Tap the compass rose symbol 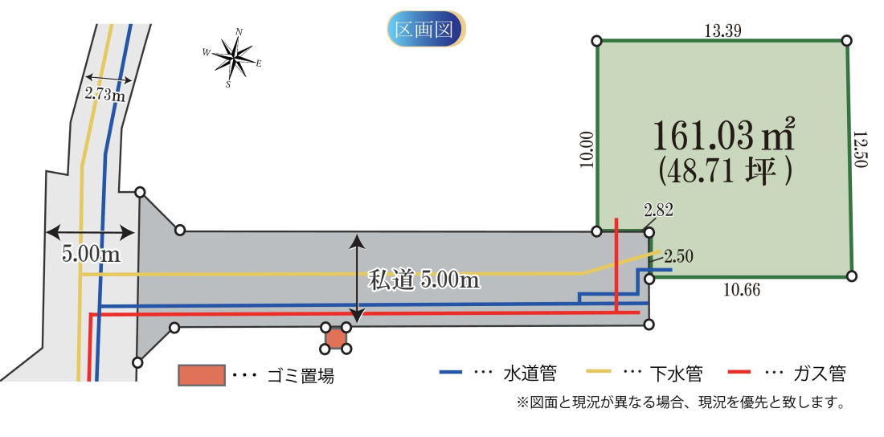(x=233, y=58)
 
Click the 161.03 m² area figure (x=723, y=135)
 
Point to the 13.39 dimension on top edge (x=722, y=32)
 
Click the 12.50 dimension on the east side (x=861, y=150)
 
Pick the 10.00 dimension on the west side (x=586, y=149)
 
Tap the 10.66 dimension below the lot (x=742, y=289)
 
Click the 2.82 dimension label (x=658, y=211)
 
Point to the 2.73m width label (x=105, y=94)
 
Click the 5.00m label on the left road (x=91, y=253)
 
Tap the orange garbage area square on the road (x=336, y=337)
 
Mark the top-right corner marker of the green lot (x=846, y=41)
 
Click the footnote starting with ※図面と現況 (x=679, y=402)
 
